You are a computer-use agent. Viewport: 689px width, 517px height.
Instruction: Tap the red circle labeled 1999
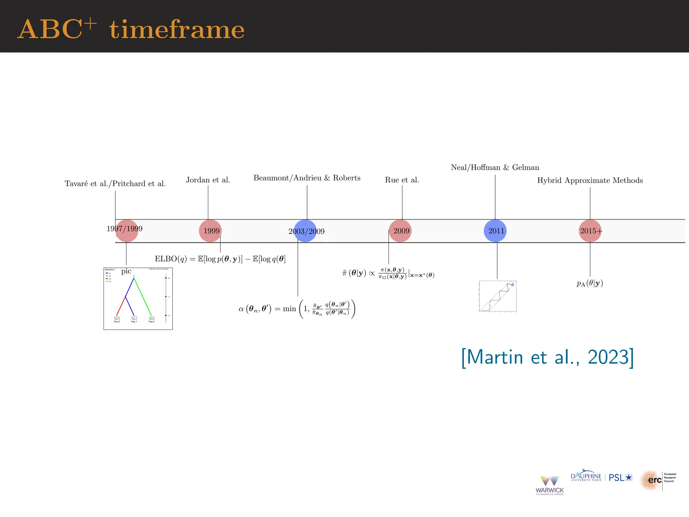(210, 231)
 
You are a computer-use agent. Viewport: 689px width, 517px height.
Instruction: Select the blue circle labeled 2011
(495, 231)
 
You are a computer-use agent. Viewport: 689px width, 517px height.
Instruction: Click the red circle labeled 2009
(400, 231)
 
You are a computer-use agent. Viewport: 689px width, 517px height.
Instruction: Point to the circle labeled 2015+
(590, 231)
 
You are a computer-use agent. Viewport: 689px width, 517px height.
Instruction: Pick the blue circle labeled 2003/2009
(305, 231)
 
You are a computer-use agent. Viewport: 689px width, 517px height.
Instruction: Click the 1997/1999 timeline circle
(127, 231)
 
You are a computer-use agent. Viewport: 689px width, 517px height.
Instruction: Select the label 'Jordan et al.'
(208, 180)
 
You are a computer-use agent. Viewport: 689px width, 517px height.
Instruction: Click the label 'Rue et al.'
(402, 180)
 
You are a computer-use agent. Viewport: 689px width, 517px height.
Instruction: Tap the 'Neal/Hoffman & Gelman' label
(495, 168)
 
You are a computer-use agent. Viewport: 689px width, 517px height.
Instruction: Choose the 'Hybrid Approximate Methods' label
(590, 180)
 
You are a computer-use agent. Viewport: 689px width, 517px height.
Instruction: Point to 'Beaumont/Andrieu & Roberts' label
(307, 178)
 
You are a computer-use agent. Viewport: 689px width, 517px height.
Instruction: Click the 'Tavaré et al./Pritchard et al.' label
(115, 184)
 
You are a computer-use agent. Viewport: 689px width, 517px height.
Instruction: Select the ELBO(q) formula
(220, 259)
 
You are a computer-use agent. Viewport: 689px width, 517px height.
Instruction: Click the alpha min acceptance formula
(297, 309)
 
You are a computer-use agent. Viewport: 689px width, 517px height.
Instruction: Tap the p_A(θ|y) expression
(590, 283)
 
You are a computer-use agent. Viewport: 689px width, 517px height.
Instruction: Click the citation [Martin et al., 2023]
(547, 357)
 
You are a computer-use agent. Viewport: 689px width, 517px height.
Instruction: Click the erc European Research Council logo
(657, 480)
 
